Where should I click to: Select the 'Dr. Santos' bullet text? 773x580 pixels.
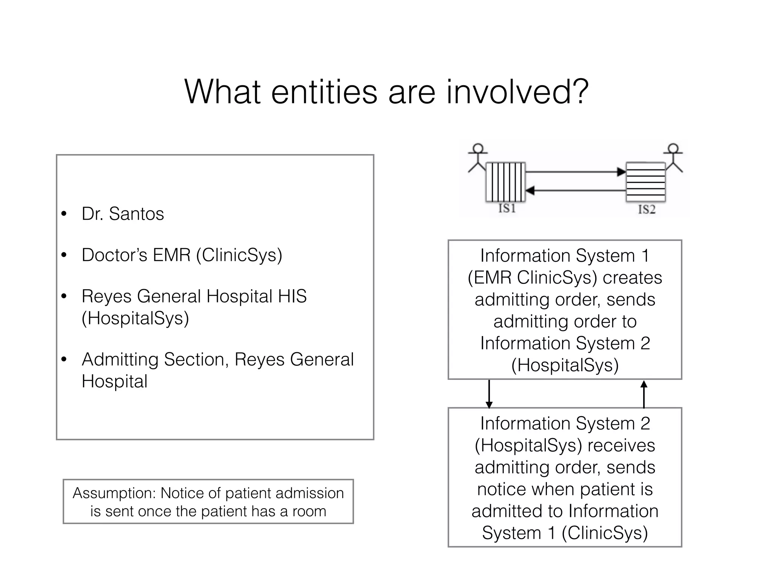[x=123, y=214]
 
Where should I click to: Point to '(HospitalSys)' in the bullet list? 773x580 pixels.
[x=135, y=318]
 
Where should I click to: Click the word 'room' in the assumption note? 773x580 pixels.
[x=309, y=511]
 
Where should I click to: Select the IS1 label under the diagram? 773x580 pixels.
[x=507, y=208]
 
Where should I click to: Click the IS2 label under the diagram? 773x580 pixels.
[x=647, y=210]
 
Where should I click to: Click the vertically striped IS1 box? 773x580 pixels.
[x=505, y=182]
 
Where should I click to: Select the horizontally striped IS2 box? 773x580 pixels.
[x=645, y=182]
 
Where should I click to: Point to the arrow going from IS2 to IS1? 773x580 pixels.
[x=576, y=191]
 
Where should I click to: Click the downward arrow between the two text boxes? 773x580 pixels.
[x=489, y=394]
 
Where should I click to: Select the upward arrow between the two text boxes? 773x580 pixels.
[x=644, y=394]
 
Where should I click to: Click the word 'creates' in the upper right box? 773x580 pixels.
[x=632, y=278]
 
